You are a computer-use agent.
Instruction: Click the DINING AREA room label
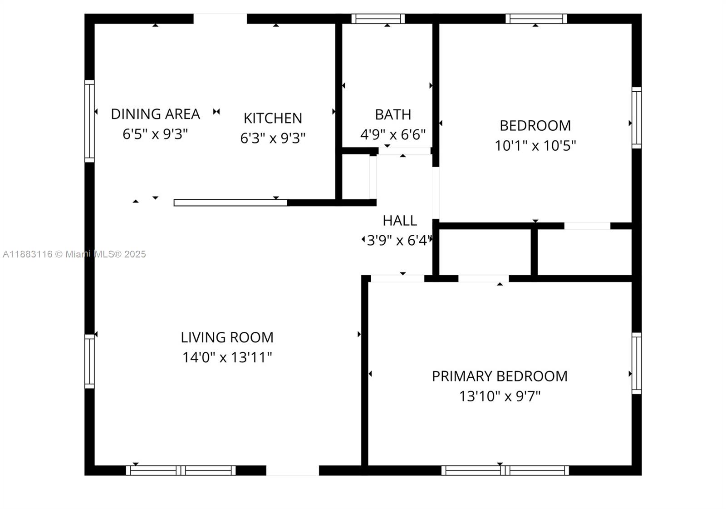pyautogui.click(x=156, y=114)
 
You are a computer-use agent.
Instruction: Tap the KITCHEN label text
pyautogui.click(x=273, y=119)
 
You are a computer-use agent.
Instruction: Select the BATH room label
pyautogui.click(x=393, y=115)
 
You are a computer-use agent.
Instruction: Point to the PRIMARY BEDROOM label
pyautogui.click(x=500, y=376)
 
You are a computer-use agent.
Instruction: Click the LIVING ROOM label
pyautogui.click(x=227, y=337)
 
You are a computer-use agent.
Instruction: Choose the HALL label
pyautogui.click(x=400, y=221)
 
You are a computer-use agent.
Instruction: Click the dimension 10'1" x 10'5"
pyautogui.click(x=535, y=146)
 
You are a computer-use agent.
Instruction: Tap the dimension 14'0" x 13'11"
pyautogui.click(x=227, y=357)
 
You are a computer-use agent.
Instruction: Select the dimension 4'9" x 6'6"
pyautogui.click(x=393, y=135)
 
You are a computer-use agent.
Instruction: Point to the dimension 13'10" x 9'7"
pyautogui.click(x=500, y=396)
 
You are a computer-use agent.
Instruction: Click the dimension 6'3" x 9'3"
pyautogui.click(x=273, y=138)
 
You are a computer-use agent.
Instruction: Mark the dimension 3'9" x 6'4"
pyautogui.click(x=399, y=241)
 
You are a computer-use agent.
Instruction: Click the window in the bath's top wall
pyautogui.click(x=378, y=19)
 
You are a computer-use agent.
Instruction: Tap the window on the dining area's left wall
pyautogui.click(x=89, y=121)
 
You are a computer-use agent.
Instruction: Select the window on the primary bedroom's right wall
pyautogui.click(x=637, y=363)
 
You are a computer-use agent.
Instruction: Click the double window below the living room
pyautogui.click(x=181, y=470)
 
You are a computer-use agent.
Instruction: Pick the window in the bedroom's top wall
pyautogui.click(x=536, y=19)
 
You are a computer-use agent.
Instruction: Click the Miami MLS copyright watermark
pyautogui.click(x=74, y=254)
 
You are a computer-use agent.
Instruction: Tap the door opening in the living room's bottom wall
pyautogui.click(x=293, y=470)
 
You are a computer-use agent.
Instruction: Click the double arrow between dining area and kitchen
pyautogui.click(x=216, y=112)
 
